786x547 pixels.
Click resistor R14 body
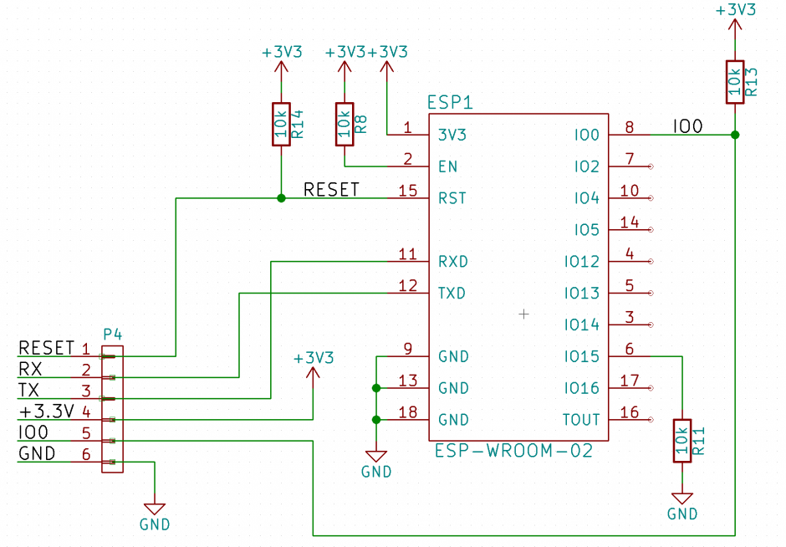coord(280,124)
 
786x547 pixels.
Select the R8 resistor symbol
coord(344,124)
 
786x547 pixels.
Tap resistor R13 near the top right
coord(735,82)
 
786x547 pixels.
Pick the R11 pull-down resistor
coord(683,440)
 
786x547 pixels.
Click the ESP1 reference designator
coord(450,103)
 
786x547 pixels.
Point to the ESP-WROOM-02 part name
coord(513,451)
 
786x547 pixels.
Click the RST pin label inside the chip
coord(452,198)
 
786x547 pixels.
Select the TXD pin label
coord(452,294)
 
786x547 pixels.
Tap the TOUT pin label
coord(581,420)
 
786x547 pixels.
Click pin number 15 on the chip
coord(408,191)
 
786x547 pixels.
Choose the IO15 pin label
coord(581,356)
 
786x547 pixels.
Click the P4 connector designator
coord(112,335)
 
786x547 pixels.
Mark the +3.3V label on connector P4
coord(47,411)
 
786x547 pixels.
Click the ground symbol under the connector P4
coord(155,508)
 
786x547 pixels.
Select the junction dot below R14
coord(280,198)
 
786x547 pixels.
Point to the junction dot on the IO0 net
coord(735,135)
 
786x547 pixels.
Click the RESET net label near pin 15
coord(331,190)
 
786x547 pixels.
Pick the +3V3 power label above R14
coord(282,52)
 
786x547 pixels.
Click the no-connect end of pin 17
coord(651,388)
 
